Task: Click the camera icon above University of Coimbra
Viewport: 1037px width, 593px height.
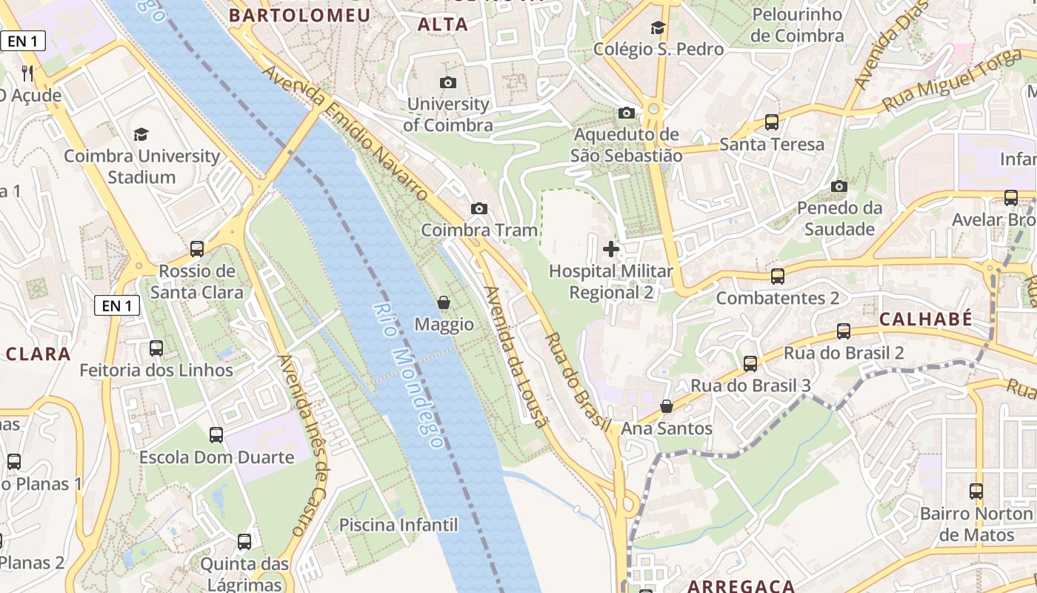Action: pyautogui.click(x=448, y=82)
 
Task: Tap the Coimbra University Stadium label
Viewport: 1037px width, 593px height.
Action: pyautogui.click(x=141, y=167)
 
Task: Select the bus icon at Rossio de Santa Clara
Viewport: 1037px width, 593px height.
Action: pyautogui.click(x=197, y=249)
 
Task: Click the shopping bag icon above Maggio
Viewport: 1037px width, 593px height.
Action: pyautogui.click(x=444, y=302)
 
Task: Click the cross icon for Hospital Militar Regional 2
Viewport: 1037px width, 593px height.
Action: pyautogui.click(x=611, y=249)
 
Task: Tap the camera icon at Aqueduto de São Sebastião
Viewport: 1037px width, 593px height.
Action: pyautogui.click(x=627, y=113)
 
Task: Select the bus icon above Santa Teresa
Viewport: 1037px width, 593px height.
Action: pyautogui.click(x=772, y=122)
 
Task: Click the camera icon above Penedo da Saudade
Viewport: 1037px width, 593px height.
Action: pyautogui.click(x=839, y=186)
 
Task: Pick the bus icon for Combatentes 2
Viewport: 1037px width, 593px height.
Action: pyautogui.click(x=778, y=276)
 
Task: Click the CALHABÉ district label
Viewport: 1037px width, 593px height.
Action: pyautogui.click(x=925, y=319)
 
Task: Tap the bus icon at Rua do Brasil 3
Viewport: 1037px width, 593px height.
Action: pyautogui.click(x=750, y=364)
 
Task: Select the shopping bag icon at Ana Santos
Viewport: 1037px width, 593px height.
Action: pyautogui.click(x=667, y=406)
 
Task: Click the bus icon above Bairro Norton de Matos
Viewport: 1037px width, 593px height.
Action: pyautogui.click(x=976, y=491)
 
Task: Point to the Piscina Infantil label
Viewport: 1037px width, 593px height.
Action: pyautogui.click(x=399, y=526)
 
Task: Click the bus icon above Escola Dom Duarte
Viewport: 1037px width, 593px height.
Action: pyautogui.click(x=216, y=435)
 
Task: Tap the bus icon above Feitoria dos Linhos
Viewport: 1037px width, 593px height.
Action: pyautogui.click(x=156, y=348)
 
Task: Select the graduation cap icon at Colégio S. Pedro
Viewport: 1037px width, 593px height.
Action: pyautogui.click(x=658, y=28)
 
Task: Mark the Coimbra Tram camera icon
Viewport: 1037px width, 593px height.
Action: pyautogui.click(x=479, y=209)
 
